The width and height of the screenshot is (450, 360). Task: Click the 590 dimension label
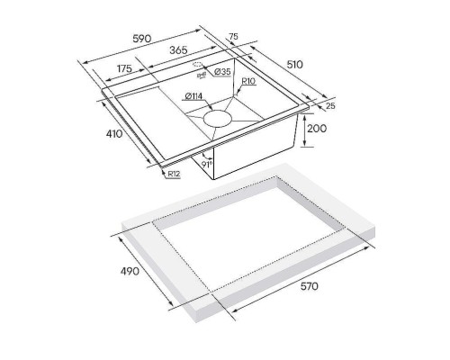coord(142,39)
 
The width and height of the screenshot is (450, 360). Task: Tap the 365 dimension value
coord(178,49)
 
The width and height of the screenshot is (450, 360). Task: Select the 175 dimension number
coord(124,68)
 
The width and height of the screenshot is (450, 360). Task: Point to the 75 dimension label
coord(233,36)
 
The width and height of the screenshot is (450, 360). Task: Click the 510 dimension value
coord(295,65)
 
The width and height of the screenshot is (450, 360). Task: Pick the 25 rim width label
coord(330,105)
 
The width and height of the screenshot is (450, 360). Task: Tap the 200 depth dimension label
coord(317,129)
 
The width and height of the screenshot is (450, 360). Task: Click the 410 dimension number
coord(114,133)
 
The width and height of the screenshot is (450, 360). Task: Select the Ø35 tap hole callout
coord(222,71)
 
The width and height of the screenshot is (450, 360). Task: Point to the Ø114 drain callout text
coord(193,96)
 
